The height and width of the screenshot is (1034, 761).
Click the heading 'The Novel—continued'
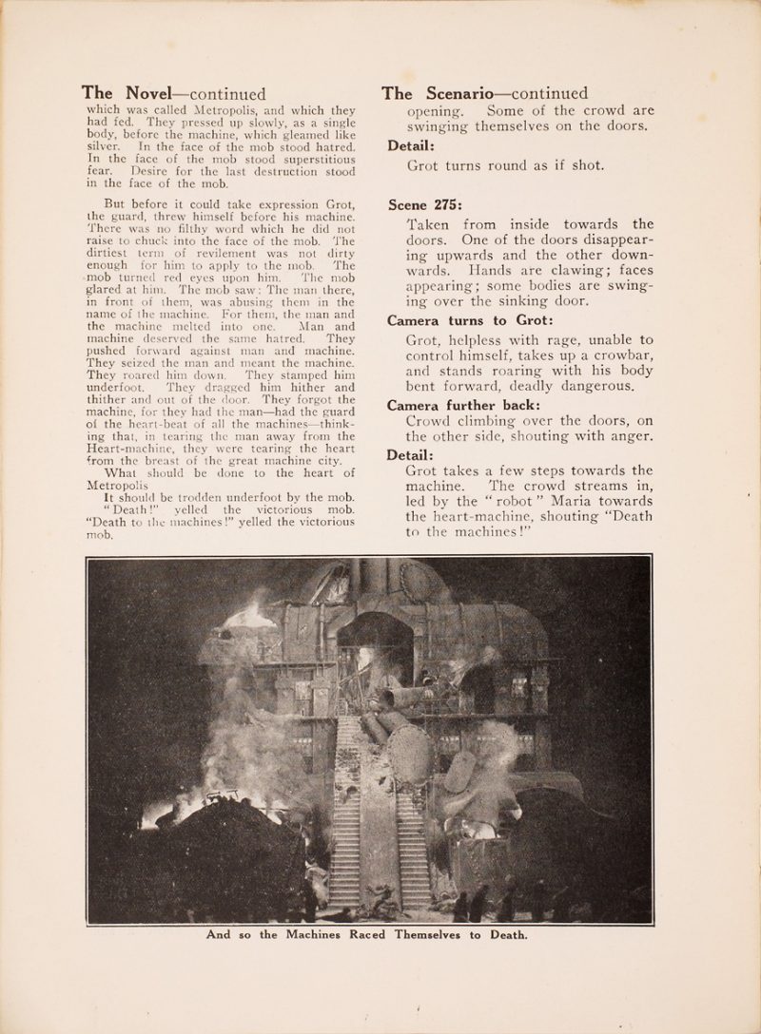point(173,94)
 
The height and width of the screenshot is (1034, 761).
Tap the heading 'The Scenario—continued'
point(484,93)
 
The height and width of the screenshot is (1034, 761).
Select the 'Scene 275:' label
point(424,203)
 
